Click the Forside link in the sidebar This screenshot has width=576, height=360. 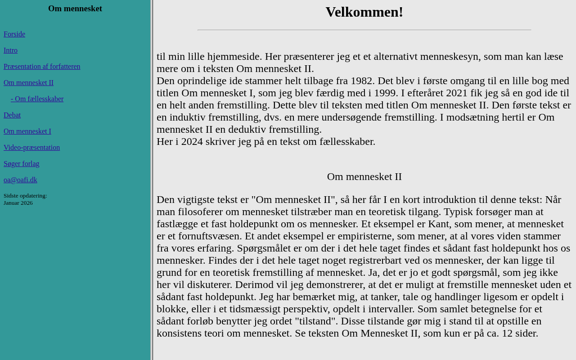[x=14, y=34]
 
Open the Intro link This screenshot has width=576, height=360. [x=10, y=50]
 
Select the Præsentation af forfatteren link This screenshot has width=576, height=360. [x=42, y=67]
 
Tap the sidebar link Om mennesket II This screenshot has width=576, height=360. [x=28, y=83]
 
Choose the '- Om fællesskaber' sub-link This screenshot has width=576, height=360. [x=37, y=99]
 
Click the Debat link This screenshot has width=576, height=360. [x=12, y=115]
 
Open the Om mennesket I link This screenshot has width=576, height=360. [x=27, y=131]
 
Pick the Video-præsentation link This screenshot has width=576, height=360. [x=31, y=148]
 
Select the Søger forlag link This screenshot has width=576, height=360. [x=22, y=164]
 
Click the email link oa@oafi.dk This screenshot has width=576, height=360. [x=20, y=180]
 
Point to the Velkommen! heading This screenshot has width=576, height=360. [x=364, y=12]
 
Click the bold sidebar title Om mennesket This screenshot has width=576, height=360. [x=75, y=9]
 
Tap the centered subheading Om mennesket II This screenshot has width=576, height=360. [x=364, y=176]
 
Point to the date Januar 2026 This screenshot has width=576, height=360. [x=18, y=203]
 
